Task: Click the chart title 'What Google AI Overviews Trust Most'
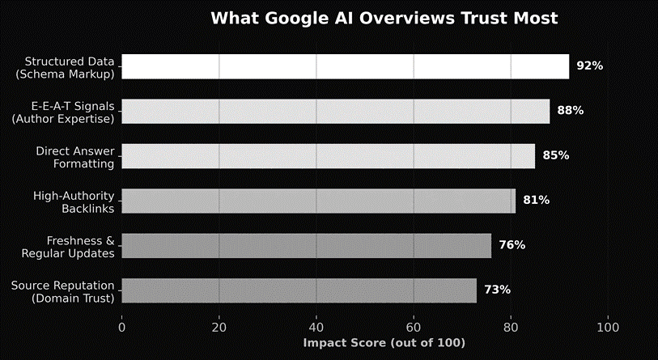(x=384, y=19)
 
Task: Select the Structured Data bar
(x=345, y=66)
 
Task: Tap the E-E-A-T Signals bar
(x=335, y=111)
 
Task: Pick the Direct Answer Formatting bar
(x=328, y=156)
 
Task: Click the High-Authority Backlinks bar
(x=318, y=201)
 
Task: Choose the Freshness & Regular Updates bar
(x=306, y=245)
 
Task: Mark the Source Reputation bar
(x=299, y=290)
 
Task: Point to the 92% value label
(x=589, y=66)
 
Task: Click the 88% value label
(x=570, y=111)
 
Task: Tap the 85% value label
(x=555, y=156)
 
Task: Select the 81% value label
(x=536, y=201)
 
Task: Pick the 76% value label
(x=512, y=245)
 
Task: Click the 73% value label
(x=497, y=290)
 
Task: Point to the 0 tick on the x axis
(x=121, y=328)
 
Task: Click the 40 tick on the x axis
(x=316, y=328)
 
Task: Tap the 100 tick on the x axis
(x=608, y=328)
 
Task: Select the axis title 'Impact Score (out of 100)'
(x=384, y=343)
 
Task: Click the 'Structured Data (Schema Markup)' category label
(x=69, y=67)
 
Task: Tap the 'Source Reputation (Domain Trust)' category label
(x=63, y=290)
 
